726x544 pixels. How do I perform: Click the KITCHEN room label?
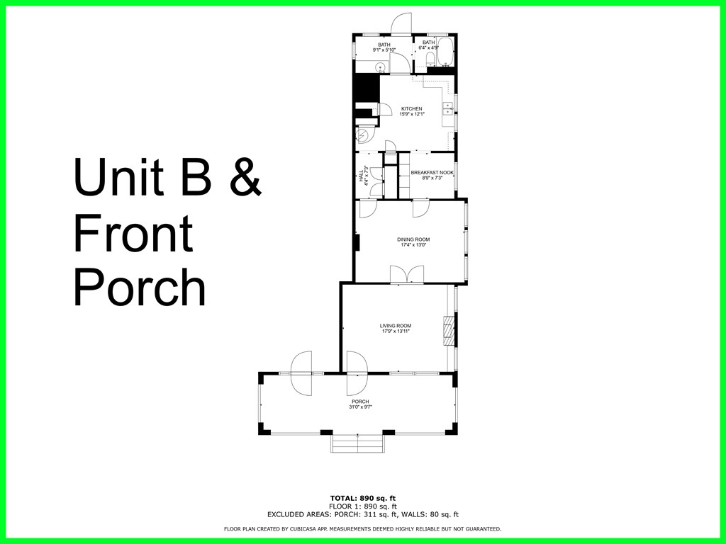point(411,109)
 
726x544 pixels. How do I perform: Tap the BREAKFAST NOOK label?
point(432,173)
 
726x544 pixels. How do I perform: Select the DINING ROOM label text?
point(413,239)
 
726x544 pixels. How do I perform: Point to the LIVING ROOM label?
point(396,326)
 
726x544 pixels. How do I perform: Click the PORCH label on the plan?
point(360,402)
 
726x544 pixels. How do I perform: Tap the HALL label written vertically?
point(361,175)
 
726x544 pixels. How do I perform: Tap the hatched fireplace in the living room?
point(448,331)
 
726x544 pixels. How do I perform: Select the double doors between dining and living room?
point(407,275)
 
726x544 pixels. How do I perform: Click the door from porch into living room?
point(357,374)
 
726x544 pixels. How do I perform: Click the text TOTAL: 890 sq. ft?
point(362,498)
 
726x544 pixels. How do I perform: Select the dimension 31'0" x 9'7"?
point(360,407)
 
